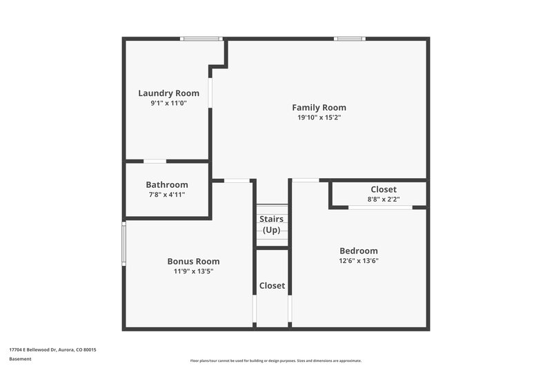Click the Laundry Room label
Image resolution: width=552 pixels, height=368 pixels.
pyautogui.click(x=168, y=93)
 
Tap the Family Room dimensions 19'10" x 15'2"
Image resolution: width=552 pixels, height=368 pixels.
pyautogui.click(x=319, y=117)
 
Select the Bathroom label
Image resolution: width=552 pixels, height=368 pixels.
pyautogui.click(x=166, y=184)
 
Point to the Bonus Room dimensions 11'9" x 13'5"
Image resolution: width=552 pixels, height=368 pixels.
pyautogui.click(x=193, y=271)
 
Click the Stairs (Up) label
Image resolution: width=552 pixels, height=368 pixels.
pyautogui.click(x=271, y=224)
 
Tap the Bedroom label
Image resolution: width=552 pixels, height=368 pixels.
pyautogui.click(x=358, y=251)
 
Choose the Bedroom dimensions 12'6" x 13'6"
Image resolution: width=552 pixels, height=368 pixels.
pyautogui.click(x=358, y=261)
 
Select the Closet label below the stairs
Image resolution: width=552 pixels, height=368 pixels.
pyautogui.click(x=272, y=285)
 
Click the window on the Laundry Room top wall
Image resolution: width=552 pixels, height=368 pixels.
pyautogui.click(x=201, y=39)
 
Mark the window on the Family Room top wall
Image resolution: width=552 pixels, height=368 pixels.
pyautogui.click(x=350, y=39)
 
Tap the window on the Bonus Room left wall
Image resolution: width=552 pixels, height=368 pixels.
pyautogui.click(x=124, y=243)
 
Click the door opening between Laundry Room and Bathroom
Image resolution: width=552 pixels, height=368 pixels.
pyautogui.click(x=155, y=162)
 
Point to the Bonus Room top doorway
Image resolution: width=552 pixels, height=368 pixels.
pyautogui.click(x=237, y=181)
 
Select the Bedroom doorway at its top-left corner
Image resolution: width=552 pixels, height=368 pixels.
pyautogui.click(x=306, y=180)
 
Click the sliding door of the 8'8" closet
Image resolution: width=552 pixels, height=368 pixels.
pyautogui.click(x=380, y=207)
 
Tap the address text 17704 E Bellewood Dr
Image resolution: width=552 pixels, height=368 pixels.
pyautogui.click(x=52, y=350)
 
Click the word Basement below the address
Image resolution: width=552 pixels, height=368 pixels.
pyautogui.click(x=20, y=359)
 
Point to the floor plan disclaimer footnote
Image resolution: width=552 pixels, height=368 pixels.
pyautogui.click(x=275, y=360)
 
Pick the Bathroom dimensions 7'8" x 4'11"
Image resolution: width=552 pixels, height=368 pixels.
pyautogui.click(x=166, y=195)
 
